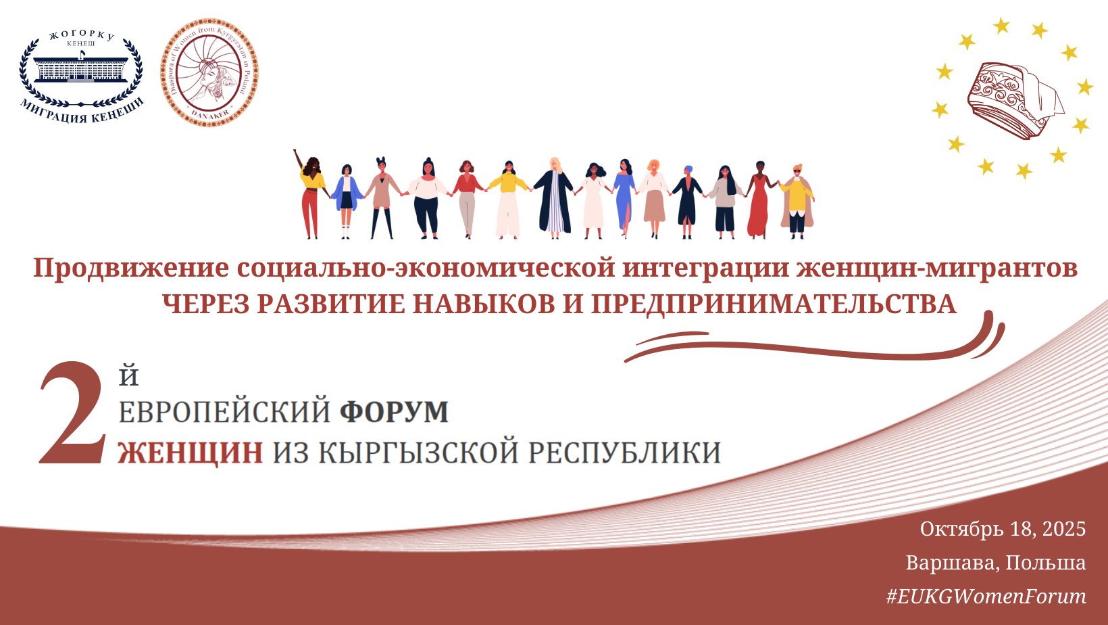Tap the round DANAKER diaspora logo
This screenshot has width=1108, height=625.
pyautogui.click(x=209, y=72)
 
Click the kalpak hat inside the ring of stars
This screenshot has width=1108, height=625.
pyautogui.click(x=1014, y=101)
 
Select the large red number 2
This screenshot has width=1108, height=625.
pyautogui.click(x=72, y=413)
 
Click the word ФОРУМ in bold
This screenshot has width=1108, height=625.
pyautogui.click(x=395, y=411)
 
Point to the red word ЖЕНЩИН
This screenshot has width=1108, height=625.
pyautogui.click(x=190, y=453)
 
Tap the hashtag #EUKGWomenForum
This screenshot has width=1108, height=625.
pyautogui.click(x=986, y=597)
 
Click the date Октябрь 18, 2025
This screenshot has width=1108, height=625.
pyautogui.click(x=1003, y=529)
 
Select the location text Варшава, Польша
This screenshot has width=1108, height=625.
pyautogui.click(x=996, y=563)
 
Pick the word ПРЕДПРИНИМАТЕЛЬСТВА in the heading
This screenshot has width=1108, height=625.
pyautogui.click(x=774, y=304)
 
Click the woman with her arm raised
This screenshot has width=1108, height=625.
pyautogui.click(x=311, y=193)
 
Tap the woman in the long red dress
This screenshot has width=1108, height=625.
pyautogui.click(x=759, y=200)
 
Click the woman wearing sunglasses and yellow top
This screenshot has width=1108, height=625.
pyautogui.click(x=797, y=202)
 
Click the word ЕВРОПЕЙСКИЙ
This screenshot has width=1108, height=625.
pyautogui.click(x=224, y=411)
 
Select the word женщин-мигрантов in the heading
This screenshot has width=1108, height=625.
pyautogui.click(x=937, y=268)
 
